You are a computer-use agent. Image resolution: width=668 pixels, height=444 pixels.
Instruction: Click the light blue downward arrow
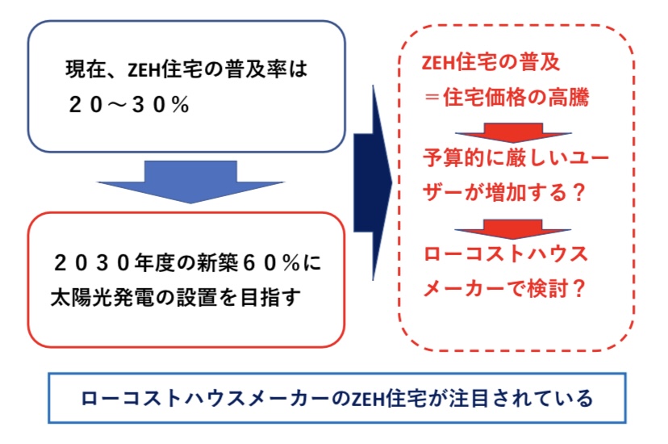[x=190, y=181]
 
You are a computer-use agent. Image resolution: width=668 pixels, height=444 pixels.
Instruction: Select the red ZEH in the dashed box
[x=439, y=63]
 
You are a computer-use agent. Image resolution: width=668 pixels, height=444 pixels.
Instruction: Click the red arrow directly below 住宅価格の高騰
[x=513, y=132]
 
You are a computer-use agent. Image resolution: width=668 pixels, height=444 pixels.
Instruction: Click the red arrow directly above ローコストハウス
[x=513, y=225]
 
